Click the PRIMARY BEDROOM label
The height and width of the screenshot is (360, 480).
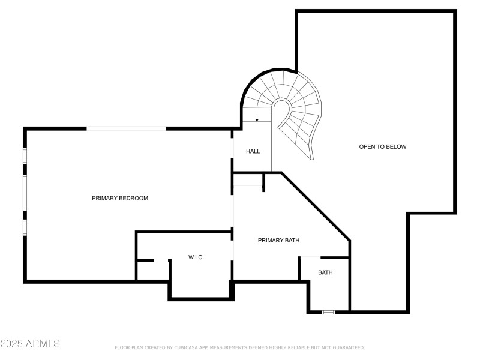point(120,198)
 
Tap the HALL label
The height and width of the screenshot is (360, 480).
point(253,151)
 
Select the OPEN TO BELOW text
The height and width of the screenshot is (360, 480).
point(383,146)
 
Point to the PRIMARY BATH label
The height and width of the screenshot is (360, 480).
point(278,240)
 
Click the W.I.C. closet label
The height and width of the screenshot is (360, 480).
point(196,257)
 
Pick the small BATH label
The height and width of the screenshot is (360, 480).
point(325,272)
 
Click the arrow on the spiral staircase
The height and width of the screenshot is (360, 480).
point(257,118)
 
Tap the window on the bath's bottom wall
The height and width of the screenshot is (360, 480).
point(328,312)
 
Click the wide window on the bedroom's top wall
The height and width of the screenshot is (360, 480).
point(126,128)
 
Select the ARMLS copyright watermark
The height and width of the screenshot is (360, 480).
point(30,344)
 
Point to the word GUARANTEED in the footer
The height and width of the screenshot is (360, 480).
point(347,347)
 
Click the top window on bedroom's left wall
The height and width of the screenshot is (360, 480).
point(25,155)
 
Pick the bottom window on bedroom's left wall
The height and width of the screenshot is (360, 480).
point(25,227)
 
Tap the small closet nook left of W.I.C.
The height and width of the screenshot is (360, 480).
point(153,270)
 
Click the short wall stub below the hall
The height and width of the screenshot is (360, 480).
point(263,182)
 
